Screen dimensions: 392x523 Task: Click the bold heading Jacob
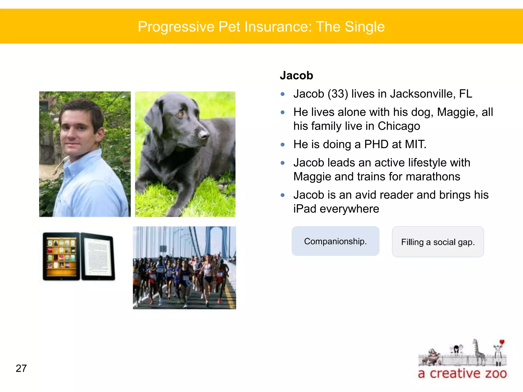296,76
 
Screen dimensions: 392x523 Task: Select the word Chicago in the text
399,126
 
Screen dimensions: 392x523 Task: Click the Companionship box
335,241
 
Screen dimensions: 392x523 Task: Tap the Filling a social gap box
438,242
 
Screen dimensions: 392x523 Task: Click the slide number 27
21,369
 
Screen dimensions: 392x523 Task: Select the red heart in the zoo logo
502,342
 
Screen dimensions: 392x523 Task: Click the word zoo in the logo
496,374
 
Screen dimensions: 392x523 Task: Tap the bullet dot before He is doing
282,145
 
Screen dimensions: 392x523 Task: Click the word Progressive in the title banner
176,27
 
